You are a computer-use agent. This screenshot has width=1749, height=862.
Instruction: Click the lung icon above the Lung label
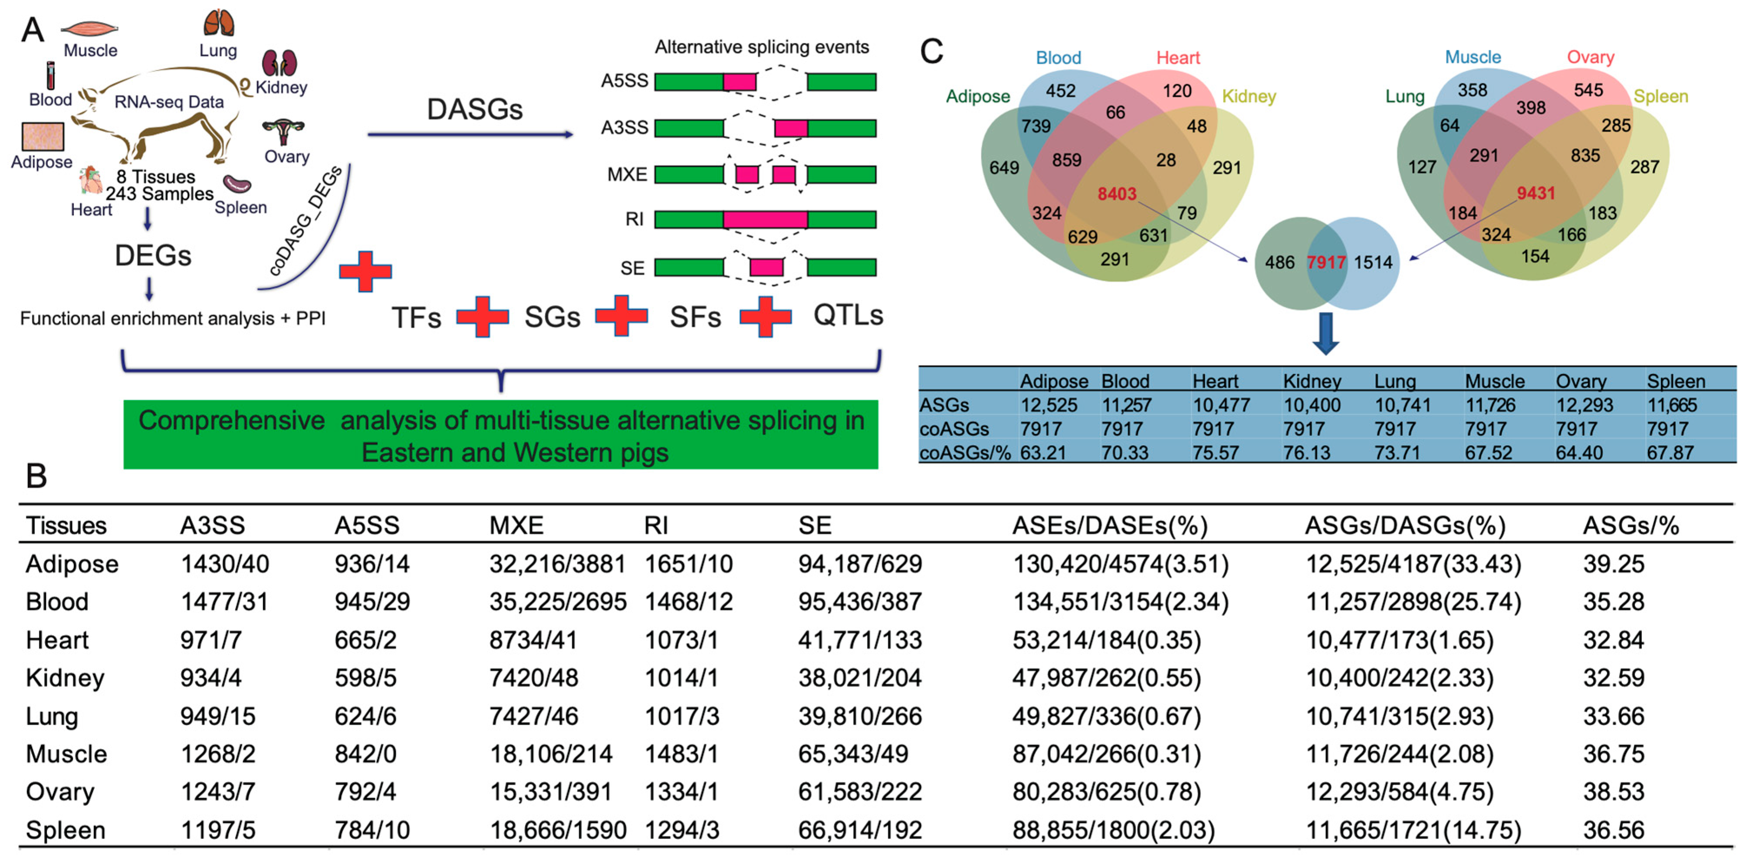[219, 23]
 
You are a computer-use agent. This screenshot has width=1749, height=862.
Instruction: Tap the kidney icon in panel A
[280, 63]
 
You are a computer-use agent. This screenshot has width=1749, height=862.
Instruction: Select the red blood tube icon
[50, 76]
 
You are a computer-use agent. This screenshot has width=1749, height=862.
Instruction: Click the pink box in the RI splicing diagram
[765, 219]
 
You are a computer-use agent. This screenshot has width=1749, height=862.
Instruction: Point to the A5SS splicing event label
[624, 81]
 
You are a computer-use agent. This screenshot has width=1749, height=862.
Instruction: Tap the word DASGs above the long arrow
[475, 109]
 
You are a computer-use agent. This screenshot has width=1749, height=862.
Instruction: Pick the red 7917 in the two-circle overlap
[1326, 262]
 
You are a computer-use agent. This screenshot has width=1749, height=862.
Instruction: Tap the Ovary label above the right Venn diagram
[1590, 57]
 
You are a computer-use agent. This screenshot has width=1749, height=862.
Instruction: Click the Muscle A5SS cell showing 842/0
[365, 754]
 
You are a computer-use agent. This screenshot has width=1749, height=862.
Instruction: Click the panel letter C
[931, 51]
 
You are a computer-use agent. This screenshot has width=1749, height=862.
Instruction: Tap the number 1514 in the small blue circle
[1373, 262]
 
